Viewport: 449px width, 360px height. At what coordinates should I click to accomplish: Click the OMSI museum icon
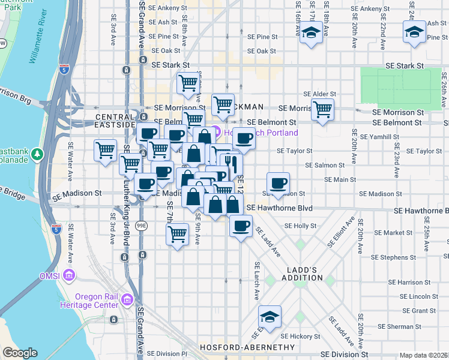tap(70, 276)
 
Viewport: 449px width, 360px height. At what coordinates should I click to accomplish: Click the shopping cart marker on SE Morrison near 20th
tap(323, 110)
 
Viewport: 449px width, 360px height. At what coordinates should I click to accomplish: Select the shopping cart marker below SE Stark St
tap(188, 83)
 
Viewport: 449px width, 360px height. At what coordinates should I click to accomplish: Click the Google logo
tap(20, 353)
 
